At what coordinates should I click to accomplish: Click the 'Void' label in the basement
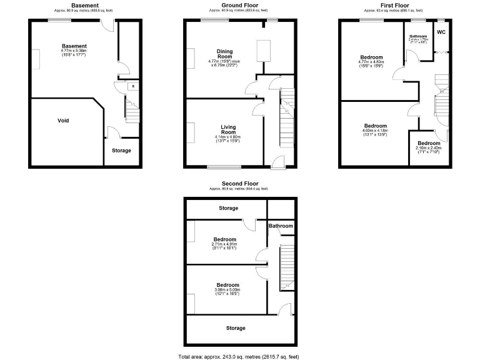(x=63, y=121)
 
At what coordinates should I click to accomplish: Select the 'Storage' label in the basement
(x=121, y=151)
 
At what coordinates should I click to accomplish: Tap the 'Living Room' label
(x=228, y=129)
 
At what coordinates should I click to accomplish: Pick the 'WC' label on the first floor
(x=441, y=32)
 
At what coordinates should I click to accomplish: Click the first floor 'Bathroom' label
(x=418, y=36)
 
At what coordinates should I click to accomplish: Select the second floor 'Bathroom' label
(x=281, y=226)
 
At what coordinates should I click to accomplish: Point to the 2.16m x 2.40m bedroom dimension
(x=429, y=148)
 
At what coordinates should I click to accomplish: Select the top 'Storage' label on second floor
(x=228, y=208)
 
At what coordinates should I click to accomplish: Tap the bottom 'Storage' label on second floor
(x=235, y=328)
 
